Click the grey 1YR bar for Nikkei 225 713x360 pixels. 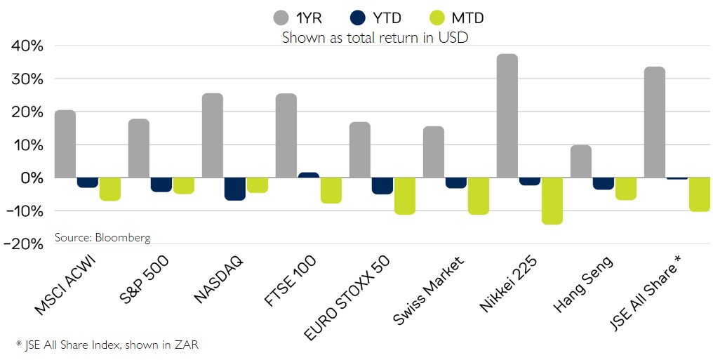click(507, 116)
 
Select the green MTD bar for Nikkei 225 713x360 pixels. click(552, 201)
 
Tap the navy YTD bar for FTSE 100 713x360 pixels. click(308, 175)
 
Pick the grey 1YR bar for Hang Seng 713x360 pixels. click(580, 161)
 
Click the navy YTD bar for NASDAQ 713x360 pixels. click(234, 189)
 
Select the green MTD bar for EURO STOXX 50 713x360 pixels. click(404, 196)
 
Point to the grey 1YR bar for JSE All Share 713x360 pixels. click(654, 122)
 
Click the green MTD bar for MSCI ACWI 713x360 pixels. click(109, 189)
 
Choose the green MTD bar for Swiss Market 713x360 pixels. click(478, 196)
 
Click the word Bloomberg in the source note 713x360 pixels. click(124, 238)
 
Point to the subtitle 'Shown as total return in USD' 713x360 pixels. click(375, 38)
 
